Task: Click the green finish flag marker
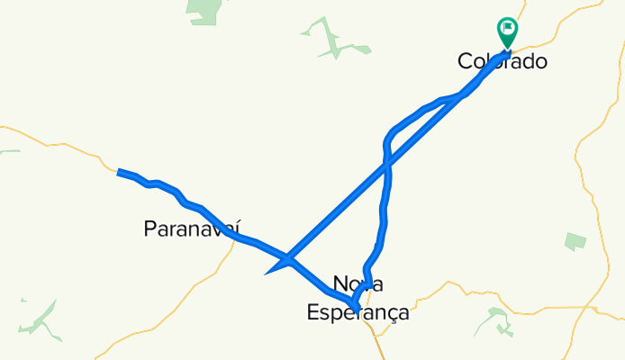[x=507, y=32]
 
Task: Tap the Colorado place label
[x=503, y=62]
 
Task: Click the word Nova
[x=358, y=284]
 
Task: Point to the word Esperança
[x=358, y=313]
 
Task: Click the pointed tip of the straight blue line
[x=267, y=272]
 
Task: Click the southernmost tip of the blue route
[x=358, y=310]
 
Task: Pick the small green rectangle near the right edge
[x=575, y=241]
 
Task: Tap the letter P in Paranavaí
[x=150, y=229]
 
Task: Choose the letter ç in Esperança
[x=390, y=314]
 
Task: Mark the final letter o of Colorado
[x=540, y=62]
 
